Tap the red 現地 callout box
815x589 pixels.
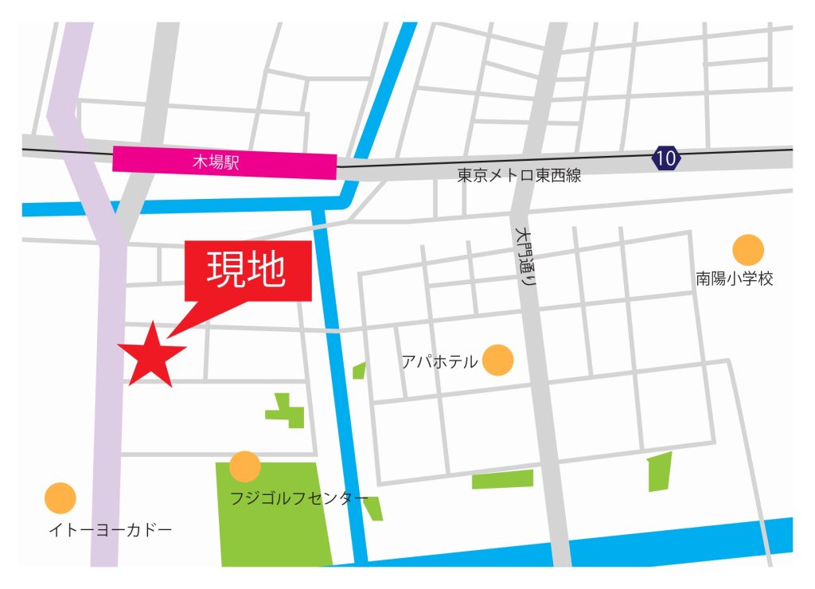coord(248,271)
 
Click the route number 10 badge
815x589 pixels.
coord(666,158)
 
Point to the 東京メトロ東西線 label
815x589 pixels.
coord(519,177)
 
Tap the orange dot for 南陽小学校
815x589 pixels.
coord(748,250)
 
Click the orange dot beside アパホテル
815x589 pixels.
coord(498,360)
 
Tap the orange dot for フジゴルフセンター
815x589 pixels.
coord(244,466)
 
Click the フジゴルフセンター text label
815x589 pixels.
coord(299,500)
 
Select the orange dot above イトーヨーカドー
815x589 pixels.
coord(60,498)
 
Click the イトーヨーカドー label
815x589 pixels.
coord(110,529)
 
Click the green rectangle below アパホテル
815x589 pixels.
coord(502,479)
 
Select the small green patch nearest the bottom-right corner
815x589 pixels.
coord(660,472)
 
